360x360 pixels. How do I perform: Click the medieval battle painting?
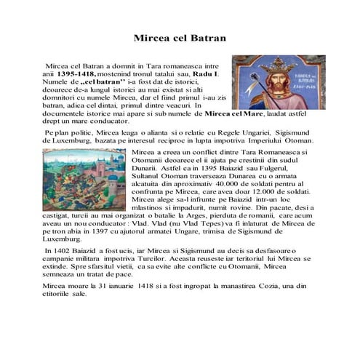pos(85,180)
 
